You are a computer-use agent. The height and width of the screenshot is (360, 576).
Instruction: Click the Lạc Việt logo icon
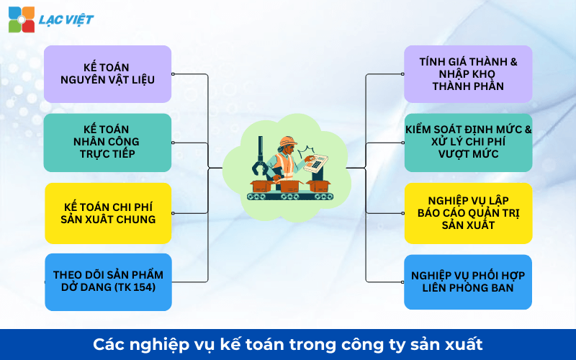(x=21, y=19)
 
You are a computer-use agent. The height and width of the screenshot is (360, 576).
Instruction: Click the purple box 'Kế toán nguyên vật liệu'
(x=108, y=73)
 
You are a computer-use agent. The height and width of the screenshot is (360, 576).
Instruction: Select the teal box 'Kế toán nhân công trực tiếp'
(x=108, y=142)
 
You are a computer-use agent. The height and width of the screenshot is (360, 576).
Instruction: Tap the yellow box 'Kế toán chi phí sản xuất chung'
(x=108, y=212)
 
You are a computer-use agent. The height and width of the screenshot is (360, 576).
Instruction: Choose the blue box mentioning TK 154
(x=108, y=282)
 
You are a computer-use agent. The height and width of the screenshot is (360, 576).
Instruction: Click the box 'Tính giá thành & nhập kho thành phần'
(x=468, y=73)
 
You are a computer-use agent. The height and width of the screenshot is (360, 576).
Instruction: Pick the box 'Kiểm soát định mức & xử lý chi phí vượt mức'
(x=468, y=142)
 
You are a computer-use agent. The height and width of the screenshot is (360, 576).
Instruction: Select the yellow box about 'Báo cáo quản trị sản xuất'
(x=468, y=212)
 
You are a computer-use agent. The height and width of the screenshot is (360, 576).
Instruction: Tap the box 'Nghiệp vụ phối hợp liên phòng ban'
(x=468, y=282)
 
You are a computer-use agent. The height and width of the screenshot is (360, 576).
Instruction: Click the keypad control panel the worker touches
(x=318, y=164)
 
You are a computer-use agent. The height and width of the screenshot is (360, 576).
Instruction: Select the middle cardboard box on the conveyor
(x=289, y=186)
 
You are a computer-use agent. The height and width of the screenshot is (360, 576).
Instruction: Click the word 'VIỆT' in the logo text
(x=76, y=19)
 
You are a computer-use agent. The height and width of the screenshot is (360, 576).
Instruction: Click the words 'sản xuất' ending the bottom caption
(x=452, y=344)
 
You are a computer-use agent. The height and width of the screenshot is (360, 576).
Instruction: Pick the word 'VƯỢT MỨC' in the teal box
(x=468, y=154)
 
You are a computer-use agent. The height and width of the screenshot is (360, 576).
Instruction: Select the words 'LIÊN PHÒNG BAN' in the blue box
(x=468, y=288)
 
